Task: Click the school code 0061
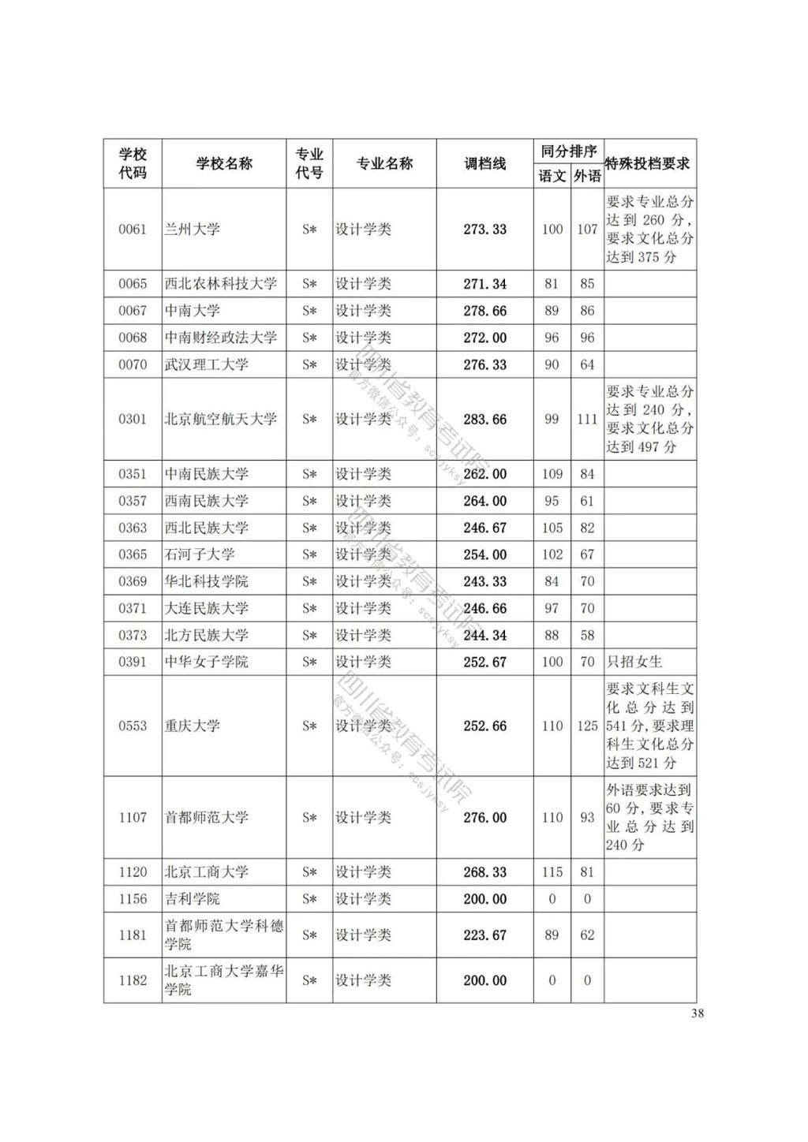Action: (133, 230)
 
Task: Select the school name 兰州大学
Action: (192, 230)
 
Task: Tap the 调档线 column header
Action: (484, 164)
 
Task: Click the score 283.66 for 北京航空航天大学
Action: (484, 420)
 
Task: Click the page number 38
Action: (697, 1014)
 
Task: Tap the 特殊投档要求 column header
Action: (649, 164)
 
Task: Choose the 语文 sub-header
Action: (552, 176)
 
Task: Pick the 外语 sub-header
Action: (587, 176)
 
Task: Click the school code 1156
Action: (133, 899)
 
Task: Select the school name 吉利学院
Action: (192, 899)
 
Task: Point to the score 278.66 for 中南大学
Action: (484, 311)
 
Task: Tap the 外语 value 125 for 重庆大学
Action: (587, 726)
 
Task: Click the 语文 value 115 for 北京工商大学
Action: (552, 872)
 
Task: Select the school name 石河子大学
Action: (199, 554)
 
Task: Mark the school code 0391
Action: (133, 662)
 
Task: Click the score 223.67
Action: (484, 935)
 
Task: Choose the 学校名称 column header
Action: (224, 164)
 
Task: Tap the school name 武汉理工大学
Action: (206, 364)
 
